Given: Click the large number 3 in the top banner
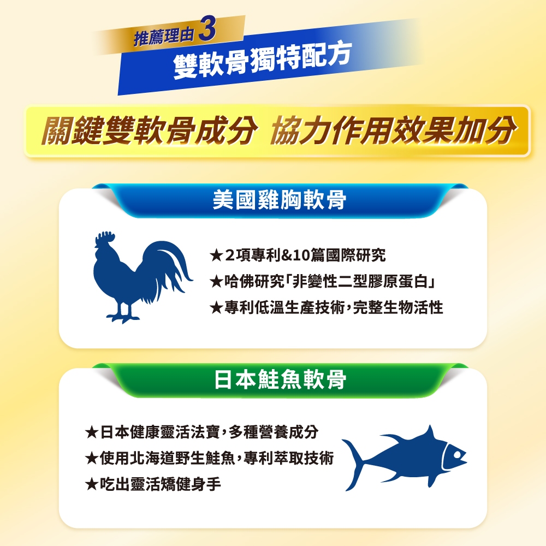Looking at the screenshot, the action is pyautogui.click(x=207, y=30).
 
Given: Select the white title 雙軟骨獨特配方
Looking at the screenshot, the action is pyautogui.click(x=263, y=60).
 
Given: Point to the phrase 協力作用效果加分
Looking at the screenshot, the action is pyautogui.click(x=392, y=130).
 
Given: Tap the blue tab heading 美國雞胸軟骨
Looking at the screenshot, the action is pyautogui.click(x=279, y=200).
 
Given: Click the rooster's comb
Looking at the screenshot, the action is pyautogui.click(x=105, y=237).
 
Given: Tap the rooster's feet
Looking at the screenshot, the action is pyautogui.click(x=123, y=316).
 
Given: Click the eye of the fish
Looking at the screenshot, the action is pyautogui.click(x=456, y=454).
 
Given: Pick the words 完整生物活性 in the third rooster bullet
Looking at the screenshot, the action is pyautogui.click(x=398, y=307).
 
